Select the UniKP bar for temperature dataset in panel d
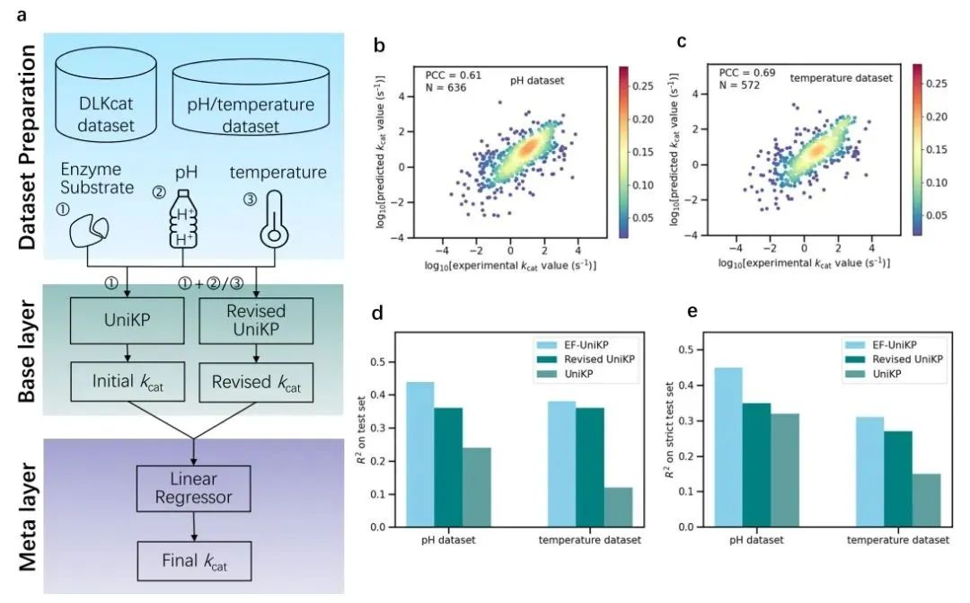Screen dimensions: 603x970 (618, 507)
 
